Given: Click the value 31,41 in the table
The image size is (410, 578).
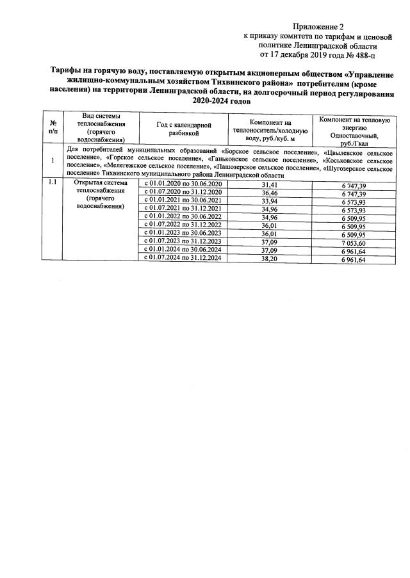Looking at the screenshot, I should coord(270,184).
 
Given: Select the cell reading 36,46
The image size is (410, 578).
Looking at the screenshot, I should coord(270,193).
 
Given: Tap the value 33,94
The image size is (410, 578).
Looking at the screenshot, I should coord(270,201).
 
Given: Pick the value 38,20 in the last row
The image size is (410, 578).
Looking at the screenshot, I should coord(270,258).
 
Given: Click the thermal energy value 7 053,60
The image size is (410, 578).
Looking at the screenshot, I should coord(354,242).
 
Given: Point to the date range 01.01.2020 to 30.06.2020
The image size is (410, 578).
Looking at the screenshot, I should coord(182,184).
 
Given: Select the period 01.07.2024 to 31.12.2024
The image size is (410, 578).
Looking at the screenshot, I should coord(182,258).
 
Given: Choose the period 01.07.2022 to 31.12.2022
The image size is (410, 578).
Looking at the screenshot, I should coord(182,225).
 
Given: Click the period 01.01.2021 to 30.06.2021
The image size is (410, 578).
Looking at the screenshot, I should coord(182,201).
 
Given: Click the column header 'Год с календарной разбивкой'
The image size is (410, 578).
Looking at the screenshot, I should coord(183,129).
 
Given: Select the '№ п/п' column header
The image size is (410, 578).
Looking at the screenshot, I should coord(52,127).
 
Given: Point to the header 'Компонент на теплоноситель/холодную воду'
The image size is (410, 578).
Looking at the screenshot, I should coord(270,129).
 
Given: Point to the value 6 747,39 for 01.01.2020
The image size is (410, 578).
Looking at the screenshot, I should coord(354,184).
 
